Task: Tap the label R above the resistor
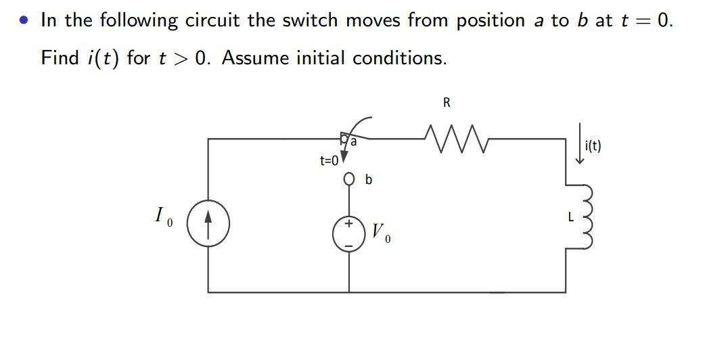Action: (x=447, y=103)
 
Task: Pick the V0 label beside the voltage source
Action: (x=380, y=234)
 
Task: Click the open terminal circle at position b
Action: (x=349, y=180)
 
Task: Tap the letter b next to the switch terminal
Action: (x=368, y=181)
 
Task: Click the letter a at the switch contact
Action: (x=354, y=142)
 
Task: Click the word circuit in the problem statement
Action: (x=214, y=20)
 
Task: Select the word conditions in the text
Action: (x=402, y=58)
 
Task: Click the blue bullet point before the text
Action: (x=24, y=21)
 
